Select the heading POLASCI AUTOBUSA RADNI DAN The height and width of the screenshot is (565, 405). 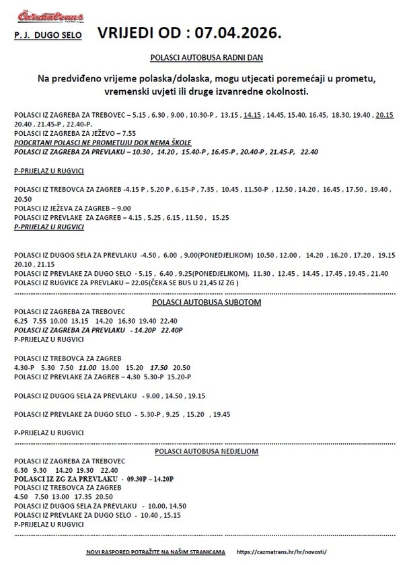tap(202, 59)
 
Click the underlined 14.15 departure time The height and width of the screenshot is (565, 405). tap(253, 115)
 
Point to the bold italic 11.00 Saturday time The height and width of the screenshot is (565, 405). tap(87, 369)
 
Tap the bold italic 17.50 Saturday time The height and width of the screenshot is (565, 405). tap(159, 369)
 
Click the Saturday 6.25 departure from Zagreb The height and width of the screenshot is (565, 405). tap(21, 320)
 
